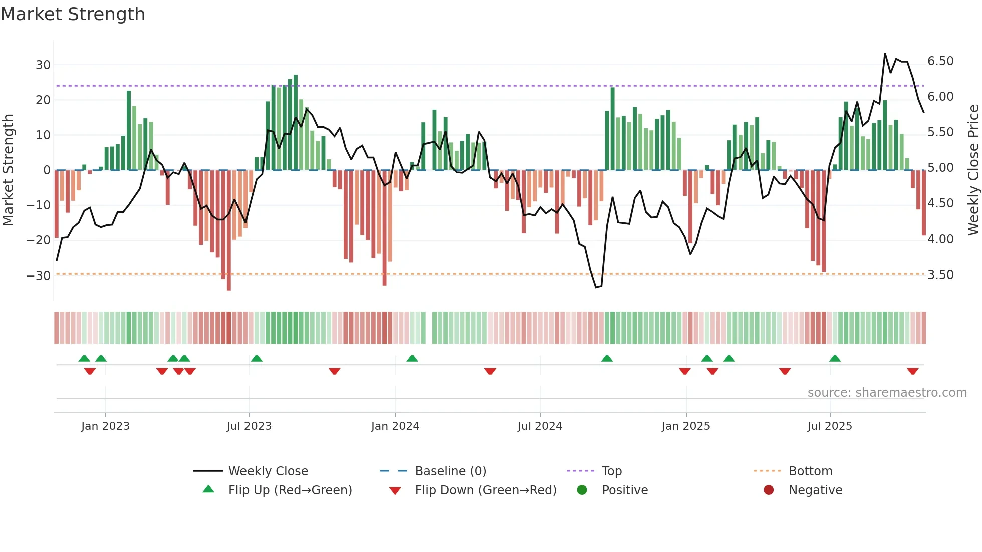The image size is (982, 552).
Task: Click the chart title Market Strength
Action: [x=73, y=14]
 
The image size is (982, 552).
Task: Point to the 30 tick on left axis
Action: [x=43, y=65]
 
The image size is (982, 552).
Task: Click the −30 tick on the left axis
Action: [x=39, y=275]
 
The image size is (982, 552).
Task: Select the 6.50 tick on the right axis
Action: [x=940, y=61]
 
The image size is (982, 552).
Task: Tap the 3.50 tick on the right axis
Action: [x=940, y=275]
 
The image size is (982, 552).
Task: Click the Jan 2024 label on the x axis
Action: [x=395, y=426]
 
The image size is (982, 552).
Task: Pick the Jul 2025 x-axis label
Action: [x=829, y=426]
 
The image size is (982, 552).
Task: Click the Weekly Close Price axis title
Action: [x=973, y=170]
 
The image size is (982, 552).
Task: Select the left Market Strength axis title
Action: [x=8, y=170]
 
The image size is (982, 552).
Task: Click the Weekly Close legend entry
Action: [x=268, y=471]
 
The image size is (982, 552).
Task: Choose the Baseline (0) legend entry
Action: [x=450, y=471]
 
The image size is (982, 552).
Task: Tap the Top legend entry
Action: [x=611, y=471]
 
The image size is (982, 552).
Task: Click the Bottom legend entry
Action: [x=810, y=471]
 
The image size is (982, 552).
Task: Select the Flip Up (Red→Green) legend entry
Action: [x=290, y=490]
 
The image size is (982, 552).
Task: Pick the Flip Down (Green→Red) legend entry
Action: [x=485, y=490]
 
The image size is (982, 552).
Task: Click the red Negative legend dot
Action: [x=768, y=490]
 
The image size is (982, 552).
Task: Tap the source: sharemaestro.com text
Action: [x=887, y=393]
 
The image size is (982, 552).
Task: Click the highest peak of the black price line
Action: [x=885, y=54]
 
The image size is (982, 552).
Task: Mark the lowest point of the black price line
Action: [x=596, y=287]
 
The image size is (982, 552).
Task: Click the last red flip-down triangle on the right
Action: [x=912, y=371]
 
